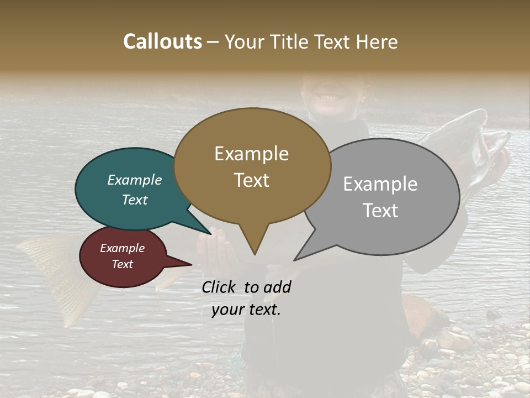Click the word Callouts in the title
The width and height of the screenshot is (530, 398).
[162, 41]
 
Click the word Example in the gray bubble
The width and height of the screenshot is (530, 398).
[380, 184]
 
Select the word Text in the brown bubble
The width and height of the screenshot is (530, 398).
[252, 180]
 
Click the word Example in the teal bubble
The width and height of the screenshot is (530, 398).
[135, 180]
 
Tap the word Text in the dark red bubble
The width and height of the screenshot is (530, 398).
[123, 264]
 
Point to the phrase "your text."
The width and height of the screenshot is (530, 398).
[246, 310]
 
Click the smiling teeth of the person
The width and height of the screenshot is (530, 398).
[329, 97]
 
